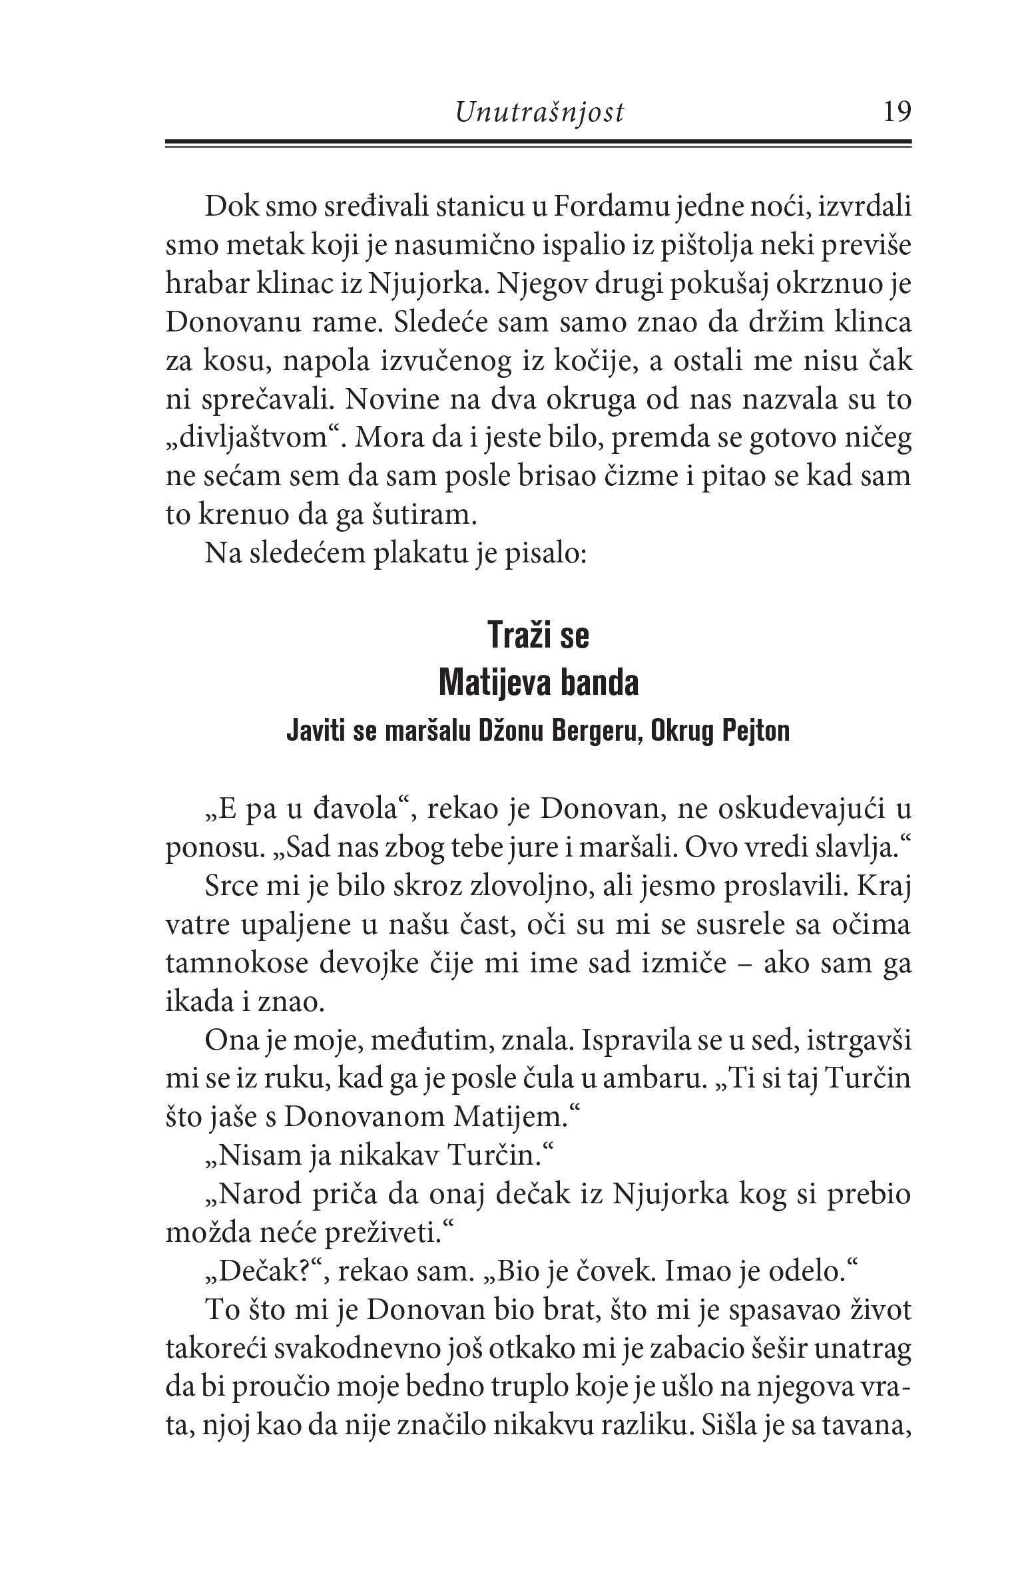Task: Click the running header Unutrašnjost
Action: coord(540,113)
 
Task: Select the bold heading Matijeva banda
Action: coord(539,683)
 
